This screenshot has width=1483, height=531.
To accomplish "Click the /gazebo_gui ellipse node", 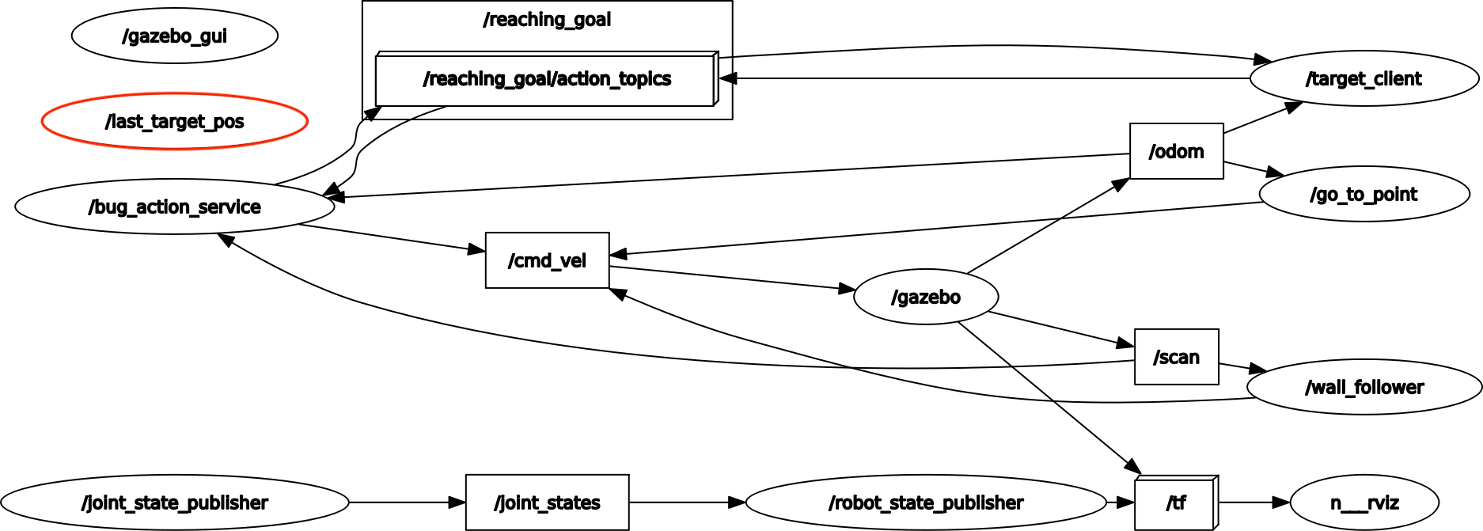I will (x=174, y=36).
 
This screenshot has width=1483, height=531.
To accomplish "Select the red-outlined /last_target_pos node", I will (x=174, y=122).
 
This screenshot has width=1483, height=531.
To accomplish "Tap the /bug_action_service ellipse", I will (x=174, y=207).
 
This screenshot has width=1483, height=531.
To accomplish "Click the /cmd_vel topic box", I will (x=547, y=260).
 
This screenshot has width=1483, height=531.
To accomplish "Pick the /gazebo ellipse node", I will (x=926, y=297).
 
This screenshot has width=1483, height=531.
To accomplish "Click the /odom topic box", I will (x=1176, y=151).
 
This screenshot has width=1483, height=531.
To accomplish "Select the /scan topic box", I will (x=1176, y=357).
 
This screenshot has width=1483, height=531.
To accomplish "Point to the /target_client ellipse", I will (x=1364, y=79).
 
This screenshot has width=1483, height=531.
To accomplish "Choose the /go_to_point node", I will (x=1364, y=194).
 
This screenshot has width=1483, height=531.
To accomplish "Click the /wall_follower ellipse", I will (x=1364, y=387).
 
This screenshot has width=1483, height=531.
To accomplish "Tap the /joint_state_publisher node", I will (x=174, y=503).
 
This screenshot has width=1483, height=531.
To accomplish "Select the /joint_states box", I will (x=547, y=503).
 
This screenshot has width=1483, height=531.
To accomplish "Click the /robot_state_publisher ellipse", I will (x=926, y=503).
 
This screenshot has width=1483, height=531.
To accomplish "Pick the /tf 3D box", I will (x=1176, y=503).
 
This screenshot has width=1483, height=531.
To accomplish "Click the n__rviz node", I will (x=1364, y=503).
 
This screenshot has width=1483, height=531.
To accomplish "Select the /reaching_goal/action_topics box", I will (x=546, y=79).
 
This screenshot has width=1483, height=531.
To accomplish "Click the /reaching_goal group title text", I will (x=547, y=20).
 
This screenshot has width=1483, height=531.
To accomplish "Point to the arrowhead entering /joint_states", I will (x=457, y=503).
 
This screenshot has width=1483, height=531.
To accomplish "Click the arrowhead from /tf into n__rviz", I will (x=1282, y=503).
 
